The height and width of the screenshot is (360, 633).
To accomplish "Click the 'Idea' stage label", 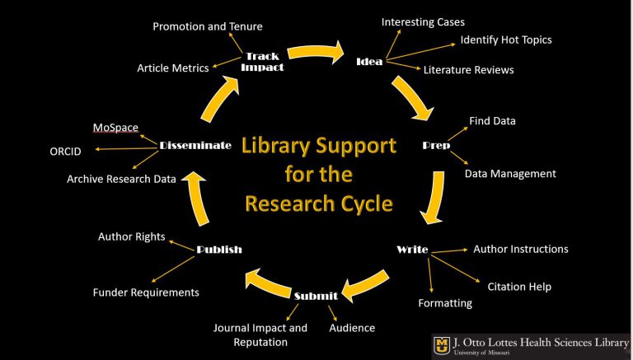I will tap(369, 62).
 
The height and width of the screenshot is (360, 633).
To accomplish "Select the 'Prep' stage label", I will tap(436, 145).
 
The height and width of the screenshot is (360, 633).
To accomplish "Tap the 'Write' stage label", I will tap(412, 249).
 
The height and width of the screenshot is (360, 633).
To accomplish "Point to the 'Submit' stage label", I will tap(316, 296).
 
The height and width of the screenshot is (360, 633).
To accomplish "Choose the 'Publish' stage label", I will tap(219, 249).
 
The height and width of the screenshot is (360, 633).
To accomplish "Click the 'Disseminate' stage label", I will tap(195, 145).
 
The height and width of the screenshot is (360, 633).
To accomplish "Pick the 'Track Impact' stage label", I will tap(262, 62).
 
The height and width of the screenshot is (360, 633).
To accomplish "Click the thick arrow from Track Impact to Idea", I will tap(316, 53).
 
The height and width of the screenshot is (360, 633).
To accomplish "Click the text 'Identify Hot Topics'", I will tap(506, 40).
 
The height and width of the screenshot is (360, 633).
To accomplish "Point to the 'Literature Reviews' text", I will tap(468, 70).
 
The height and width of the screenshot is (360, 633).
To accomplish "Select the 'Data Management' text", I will tap(510, 174).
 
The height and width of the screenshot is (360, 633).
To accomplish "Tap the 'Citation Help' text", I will tap(519, 287).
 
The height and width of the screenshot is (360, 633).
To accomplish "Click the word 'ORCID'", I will tap(65, 151).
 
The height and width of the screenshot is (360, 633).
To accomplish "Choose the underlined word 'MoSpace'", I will tap(115, 128).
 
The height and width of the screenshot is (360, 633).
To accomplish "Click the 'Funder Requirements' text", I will tap(146, 292).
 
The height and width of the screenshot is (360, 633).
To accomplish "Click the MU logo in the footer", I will tap(443, 344).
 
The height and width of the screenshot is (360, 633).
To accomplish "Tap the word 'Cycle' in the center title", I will tap(362, 203).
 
